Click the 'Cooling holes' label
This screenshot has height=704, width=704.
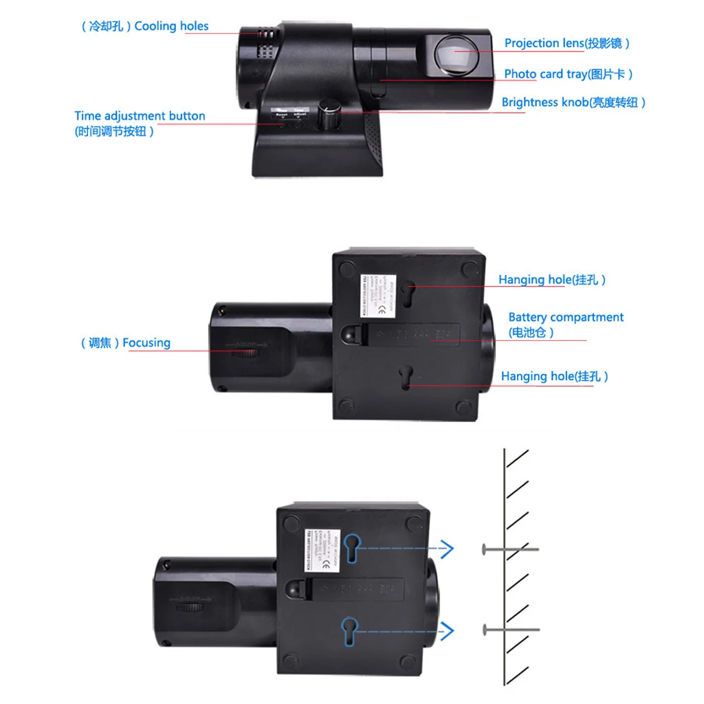pyautogui.click(x=145, y=26)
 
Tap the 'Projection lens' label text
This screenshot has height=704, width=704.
pyautogui.click(x=566, y=43)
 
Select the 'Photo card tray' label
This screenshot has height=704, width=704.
pyautogui.click(x=568, y=74)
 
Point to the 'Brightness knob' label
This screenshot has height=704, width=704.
pyautogui.click(x=573, y=102)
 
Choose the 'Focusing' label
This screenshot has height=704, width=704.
pyautogui.click(x=125, y=342)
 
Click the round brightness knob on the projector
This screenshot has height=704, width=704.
pyautogui.click(x=327, y=115)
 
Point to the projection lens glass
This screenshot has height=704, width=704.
pyautogui.click(x=455, y=54)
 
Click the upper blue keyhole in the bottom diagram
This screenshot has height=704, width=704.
pyautogui.click(x=353, y=549)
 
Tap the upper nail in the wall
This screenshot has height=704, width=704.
pyautogui.click(x=509, y=549)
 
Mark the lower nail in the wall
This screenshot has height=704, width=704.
pyautogui.click(x=509, y=629)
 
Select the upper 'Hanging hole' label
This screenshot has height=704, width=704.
pyautogui.click(x=552, y=280)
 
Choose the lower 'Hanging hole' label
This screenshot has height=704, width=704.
pyautogui.click(x=554, y=376)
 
